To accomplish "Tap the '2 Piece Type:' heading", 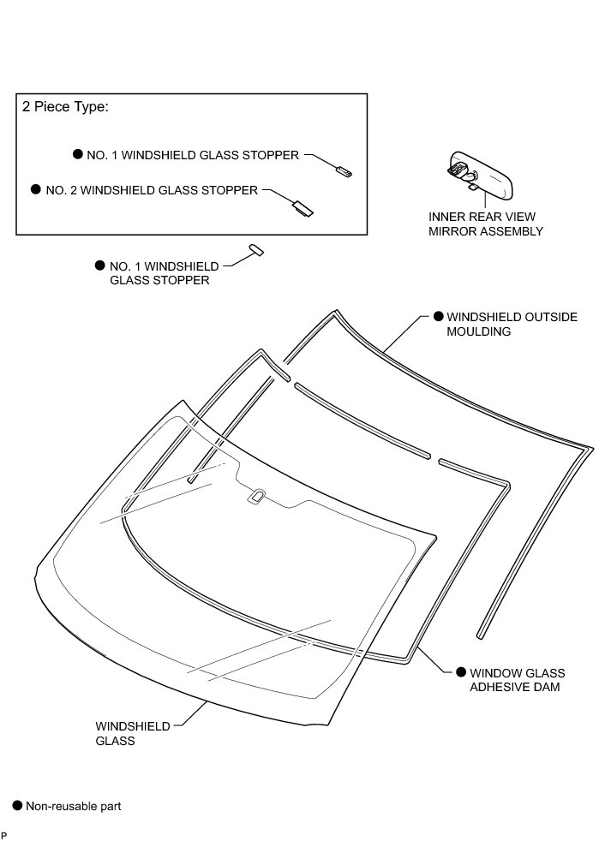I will click(x=64, y=108).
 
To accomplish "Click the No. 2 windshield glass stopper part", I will click(x=303, y=206).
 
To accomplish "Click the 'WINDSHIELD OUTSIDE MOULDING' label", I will click(x=512, y=324).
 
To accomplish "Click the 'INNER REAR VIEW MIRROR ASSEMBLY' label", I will click(x=486, y=224).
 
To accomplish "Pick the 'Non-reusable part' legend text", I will click(x=74, y=806).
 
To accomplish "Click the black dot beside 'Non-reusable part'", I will click(x=16, y=806).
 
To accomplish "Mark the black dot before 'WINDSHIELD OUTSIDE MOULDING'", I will click(x=438, y=317).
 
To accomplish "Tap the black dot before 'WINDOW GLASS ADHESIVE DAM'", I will click(x=460, y=673).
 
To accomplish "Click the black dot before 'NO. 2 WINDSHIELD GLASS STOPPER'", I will click(x=35, y=190).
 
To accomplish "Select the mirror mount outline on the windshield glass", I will click(x=256, y=495).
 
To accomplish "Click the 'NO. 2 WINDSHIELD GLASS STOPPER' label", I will click(x=151, y=190).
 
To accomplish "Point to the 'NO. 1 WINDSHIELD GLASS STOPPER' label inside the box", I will click(x=193, y=155).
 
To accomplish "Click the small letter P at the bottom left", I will click(x=4, y=835).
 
